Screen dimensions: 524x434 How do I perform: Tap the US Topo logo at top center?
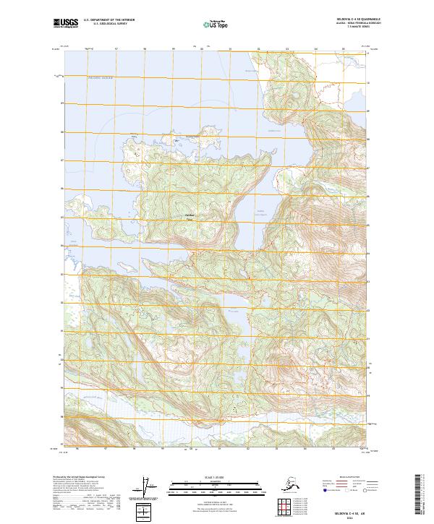[217, 23]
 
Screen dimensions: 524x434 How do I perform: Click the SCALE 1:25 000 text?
[217, 475]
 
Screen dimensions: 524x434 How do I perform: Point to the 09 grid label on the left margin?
[61, 103]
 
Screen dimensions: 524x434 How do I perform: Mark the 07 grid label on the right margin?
[368, 162]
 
